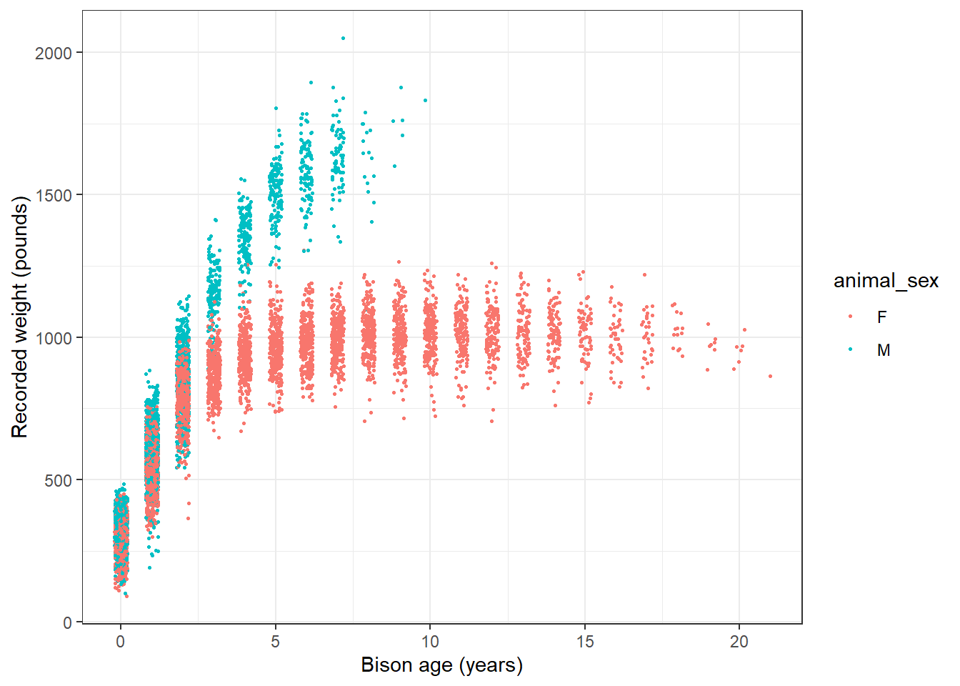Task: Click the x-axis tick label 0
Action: [120, 642]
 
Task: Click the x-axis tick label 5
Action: [275, 642]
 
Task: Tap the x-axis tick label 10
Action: [430, 642]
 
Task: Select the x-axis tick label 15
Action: [585, 642]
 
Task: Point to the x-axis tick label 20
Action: [739, 642]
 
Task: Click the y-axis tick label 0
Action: [68, 622]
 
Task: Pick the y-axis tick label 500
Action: [59, 480]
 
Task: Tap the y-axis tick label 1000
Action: [54, 338]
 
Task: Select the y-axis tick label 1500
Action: [54, 195]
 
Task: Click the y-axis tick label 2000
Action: [54, 53]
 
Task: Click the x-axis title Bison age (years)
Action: [442, 665]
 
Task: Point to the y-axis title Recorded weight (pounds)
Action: [19, 318]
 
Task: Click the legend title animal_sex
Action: [886, 281]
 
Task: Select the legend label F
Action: [882, 317]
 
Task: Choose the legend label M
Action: [884, 350]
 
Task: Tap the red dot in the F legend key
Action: [850, 317]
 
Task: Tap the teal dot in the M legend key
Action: [850, 349]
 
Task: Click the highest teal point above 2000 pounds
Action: [343, 38]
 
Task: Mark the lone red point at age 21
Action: [770, 376]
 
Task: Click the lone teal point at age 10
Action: [425, 100]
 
